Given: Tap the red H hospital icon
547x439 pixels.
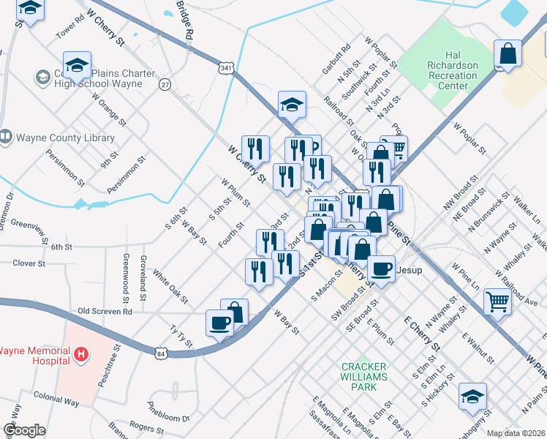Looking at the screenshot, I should pos(82,356).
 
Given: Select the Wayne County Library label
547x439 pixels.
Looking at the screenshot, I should pos(65,138).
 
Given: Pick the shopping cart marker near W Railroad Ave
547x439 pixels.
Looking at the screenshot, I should pos(497,300).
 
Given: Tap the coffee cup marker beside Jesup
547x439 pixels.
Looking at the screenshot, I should pos(381,268).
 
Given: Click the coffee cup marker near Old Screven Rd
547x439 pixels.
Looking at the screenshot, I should pos(219,323).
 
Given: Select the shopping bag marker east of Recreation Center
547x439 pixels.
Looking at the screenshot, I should pos(507,54).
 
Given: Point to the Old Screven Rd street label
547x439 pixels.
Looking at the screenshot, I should pos(105,311).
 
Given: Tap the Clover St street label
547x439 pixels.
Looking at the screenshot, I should pos(29,263).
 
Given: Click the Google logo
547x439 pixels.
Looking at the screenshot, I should pos(24,430).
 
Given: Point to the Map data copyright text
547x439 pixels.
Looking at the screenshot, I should pos(516,433).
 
